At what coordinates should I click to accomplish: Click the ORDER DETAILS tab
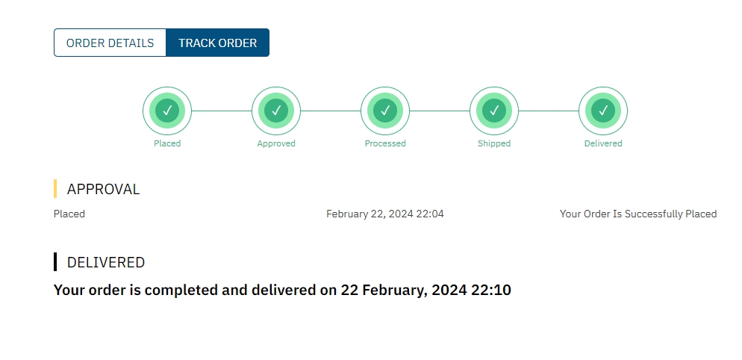(x=110, y=43)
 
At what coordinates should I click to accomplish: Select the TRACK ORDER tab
(x=218, y=43)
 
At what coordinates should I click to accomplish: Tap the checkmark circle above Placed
(x=167, y=111)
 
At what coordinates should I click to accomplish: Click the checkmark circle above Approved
(x=276, y=111)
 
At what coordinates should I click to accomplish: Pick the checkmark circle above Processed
(x=385, y=111)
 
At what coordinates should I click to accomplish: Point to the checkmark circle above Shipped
(x=494, y=111)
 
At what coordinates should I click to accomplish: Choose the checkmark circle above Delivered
(x=603, y=111)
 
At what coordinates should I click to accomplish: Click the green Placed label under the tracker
(x=167, y=143)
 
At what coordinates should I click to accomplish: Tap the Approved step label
(x=276, y=143)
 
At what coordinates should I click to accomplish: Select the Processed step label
(x=385, y=143)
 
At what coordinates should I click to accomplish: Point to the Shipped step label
(x=494, y=143)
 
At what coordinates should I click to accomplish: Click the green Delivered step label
(x=603, y=143)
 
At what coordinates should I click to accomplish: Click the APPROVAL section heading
(x=103, y=189)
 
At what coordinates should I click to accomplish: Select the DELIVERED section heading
(x=106, y=262)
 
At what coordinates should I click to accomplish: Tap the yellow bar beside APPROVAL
(x=55, y=188)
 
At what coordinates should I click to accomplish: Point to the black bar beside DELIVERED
(x=55, y=262)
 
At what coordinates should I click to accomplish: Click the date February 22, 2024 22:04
(x=385, y=214)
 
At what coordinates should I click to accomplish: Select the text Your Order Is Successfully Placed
(x=638, y=214)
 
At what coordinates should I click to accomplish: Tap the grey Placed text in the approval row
(x=69, y=214)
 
